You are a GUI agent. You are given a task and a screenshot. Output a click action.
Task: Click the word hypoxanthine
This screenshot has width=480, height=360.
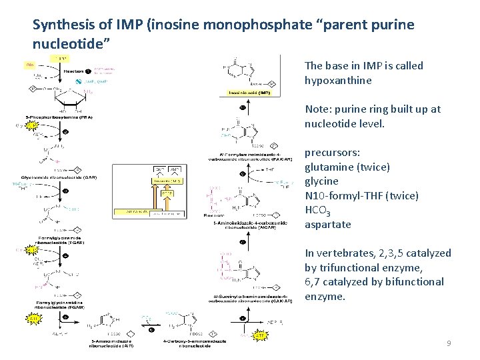click(x=338, y=80)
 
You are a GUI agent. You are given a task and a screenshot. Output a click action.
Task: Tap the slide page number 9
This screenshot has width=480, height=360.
click(x=449, y=343)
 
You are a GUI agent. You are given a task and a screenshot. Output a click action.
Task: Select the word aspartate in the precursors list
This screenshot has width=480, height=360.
click(x=327, y=224)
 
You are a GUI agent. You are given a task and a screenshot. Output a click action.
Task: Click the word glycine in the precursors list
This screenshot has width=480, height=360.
click(x=321, y=181)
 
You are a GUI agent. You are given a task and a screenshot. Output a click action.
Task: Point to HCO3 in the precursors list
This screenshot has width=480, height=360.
click(x=318, y=210)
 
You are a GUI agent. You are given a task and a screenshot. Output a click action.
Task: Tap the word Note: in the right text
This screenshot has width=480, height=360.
click(x=317, y=109)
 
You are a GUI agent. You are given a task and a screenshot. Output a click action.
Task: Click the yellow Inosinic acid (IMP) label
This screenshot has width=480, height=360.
click(x=249, y=93)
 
